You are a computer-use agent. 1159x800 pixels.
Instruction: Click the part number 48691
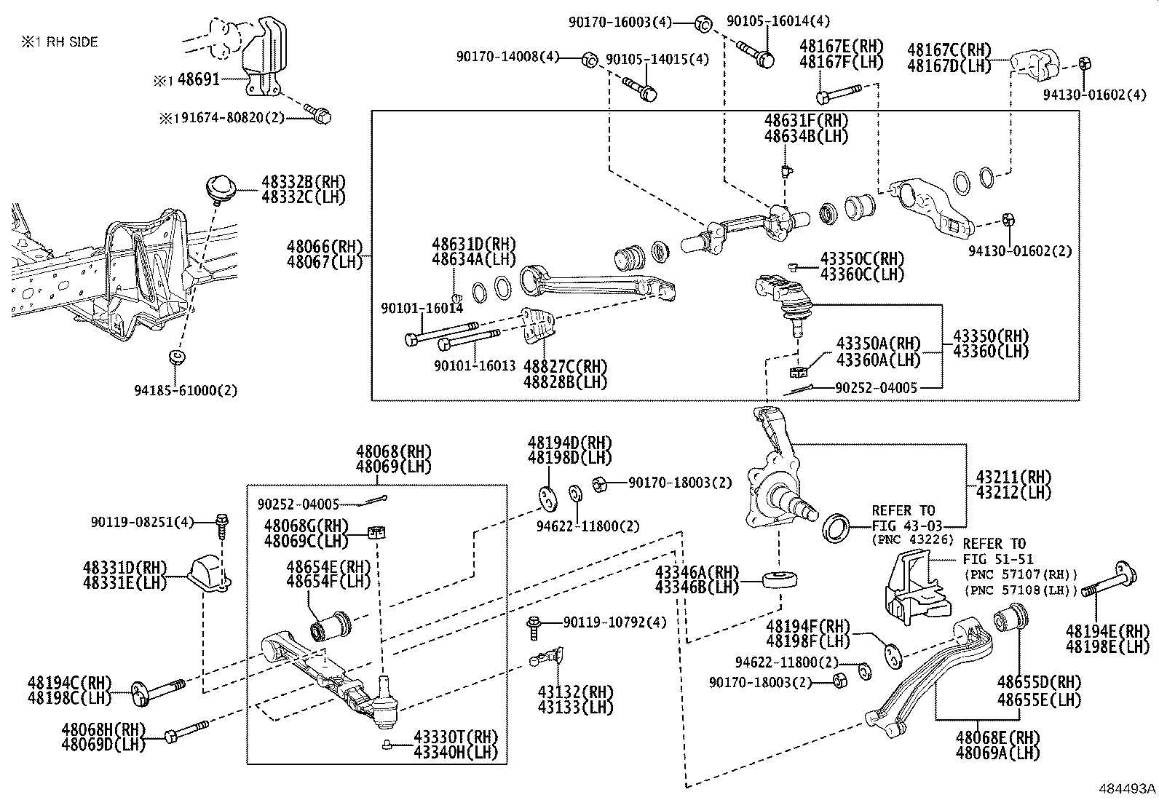198,80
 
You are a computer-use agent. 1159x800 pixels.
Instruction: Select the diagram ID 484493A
1128,788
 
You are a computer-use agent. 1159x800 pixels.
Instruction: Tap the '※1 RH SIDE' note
59,42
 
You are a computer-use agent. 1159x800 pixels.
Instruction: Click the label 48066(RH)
324,247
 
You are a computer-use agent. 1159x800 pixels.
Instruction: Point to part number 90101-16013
475,366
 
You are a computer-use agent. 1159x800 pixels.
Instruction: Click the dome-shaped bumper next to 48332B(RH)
218,186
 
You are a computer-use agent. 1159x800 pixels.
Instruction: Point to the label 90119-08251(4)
143,522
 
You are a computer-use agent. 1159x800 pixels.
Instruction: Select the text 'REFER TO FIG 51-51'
994,551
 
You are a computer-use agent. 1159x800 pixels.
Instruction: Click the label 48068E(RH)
998,737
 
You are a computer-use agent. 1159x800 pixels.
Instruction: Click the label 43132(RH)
575,692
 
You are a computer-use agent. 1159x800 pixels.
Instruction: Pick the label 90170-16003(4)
620,23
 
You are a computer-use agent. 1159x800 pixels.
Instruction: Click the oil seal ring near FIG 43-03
835,527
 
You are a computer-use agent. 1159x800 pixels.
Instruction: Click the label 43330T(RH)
456,737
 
